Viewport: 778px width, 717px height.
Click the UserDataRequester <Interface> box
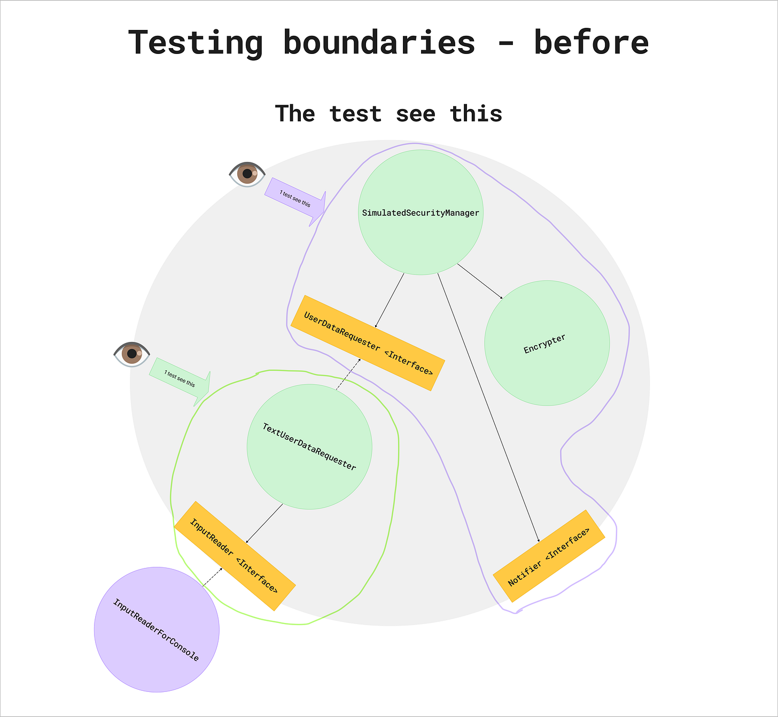click(x=368, y=343)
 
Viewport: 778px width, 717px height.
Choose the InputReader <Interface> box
click(x=235, y=556)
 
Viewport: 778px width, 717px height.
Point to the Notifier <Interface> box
click(x=549, y=556)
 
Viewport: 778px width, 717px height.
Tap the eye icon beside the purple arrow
click(x=247, y=174)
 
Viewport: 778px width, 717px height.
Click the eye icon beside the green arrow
click(x=131, y=354)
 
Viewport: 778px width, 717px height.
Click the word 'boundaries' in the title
click(x=379, y=43)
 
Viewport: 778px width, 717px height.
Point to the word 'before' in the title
click(x=591, y=43)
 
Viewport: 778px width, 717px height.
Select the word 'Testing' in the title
click(x=196, y=43)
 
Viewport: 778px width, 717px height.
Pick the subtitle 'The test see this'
click(x=388, y=114)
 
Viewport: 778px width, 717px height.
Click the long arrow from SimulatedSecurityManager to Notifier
click(x=487, y=406)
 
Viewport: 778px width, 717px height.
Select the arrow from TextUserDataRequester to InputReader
click(x=264, y=523)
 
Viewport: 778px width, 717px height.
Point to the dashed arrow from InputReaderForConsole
click(x=212, y=577)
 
